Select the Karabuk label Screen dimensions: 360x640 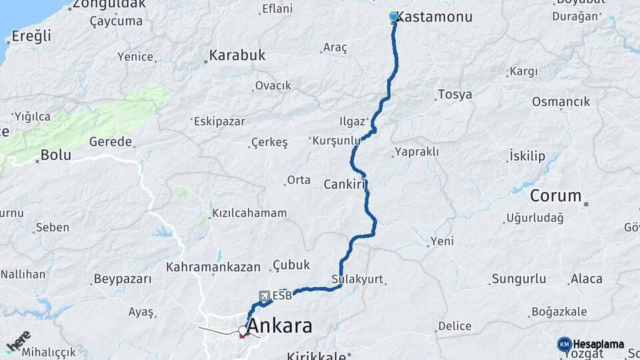[237, 55]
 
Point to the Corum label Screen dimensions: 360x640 [556, 196]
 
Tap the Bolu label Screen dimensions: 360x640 [56, 155]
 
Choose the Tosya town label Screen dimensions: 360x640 [455, 94]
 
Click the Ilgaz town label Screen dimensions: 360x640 [352, 121]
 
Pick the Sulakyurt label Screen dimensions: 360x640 [357, 279]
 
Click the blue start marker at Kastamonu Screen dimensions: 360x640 [394, 17]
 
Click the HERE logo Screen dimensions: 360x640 [18, 342]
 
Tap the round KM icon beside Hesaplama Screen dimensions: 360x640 [564, 344]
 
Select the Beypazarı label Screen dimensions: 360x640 [123, 279]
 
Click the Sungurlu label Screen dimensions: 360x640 [519, 279]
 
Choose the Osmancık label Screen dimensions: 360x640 [561, 102]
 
